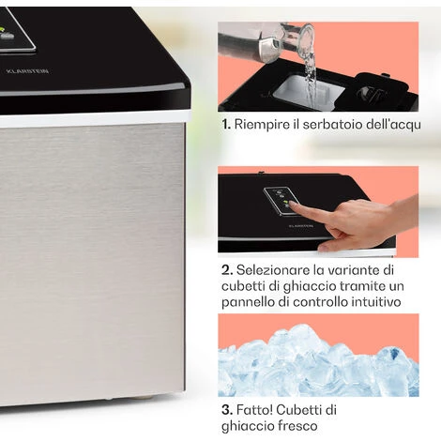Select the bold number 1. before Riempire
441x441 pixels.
coord(226,123)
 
